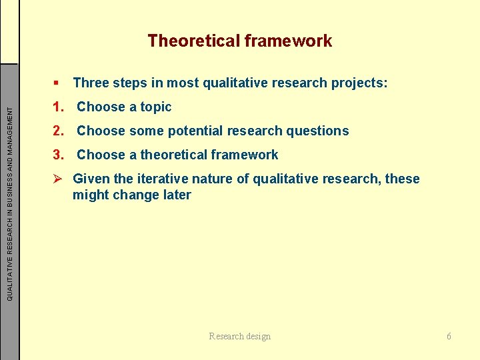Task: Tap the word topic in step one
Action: (x=156, y=107)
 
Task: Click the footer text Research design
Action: (x=240, y=336)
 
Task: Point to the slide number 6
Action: (x=449, y=336)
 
